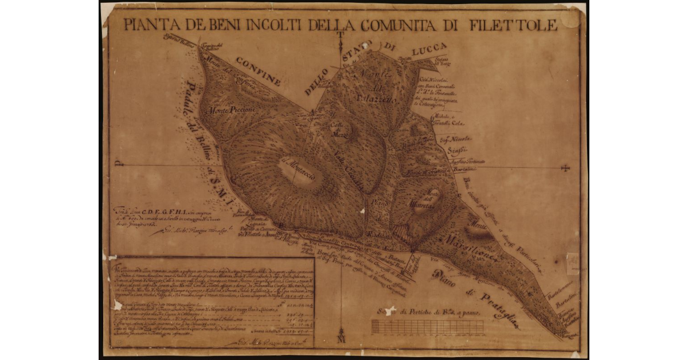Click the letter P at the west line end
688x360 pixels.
pyautogui.click(x=118, y=164)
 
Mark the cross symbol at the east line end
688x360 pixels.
pyautogui.click(x=566, y=167)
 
